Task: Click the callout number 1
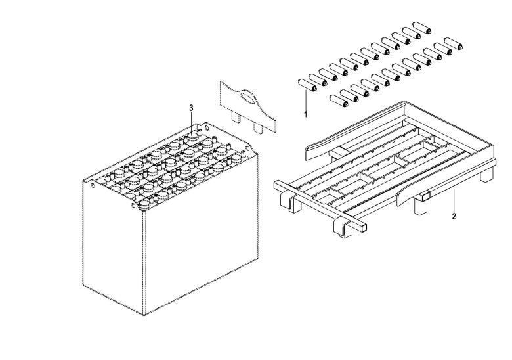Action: (306, 115)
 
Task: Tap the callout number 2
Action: (454, 216)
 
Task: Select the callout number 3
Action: (192, 108)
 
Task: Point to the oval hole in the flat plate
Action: (248, 98)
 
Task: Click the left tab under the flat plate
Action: (236, 117)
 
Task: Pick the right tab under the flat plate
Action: (258, 127)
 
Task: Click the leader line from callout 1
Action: (306, 101)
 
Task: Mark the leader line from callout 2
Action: (454, 201)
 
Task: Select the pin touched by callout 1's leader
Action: (308, 85)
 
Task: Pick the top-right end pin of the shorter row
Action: (454, 44)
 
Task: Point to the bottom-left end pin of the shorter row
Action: (339, 101)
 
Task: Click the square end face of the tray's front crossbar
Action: (362, 227)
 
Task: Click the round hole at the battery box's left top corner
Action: (93, 185)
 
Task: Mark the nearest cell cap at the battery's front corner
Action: (144, 205)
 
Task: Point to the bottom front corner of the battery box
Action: (144, 315)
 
